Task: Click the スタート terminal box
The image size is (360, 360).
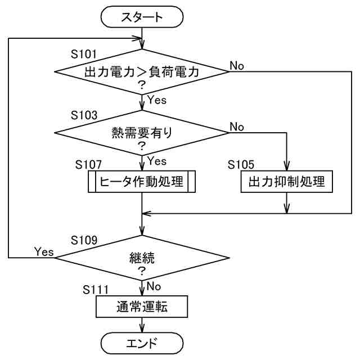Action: [142, 17]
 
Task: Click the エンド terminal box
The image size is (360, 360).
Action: [142, 343]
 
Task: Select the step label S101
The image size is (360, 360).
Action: [84, 54]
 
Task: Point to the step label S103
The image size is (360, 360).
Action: [84, 115]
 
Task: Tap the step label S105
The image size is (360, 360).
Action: [241, 164]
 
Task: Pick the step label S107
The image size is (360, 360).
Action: [88, 164]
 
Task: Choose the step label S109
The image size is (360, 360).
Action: [84, 240]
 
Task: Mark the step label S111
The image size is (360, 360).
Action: [96, 290]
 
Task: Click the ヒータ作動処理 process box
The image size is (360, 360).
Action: [142, 181]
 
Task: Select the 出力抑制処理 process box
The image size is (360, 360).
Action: [286, 181]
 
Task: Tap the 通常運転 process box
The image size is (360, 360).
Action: [142, 307]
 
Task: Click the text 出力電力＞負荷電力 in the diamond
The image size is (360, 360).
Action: [142, 72]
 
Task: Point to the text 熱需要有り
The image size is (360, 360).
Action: [142, 133]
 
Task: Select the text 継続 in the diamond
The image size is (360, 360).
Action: [142, 258]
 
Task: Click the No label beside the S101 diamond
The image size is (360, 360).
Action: [237, 66]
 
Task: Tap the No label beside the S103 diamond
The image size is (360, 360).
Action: [237, 127]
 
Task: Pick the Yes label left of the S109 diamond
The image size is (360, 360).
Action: [44, 251]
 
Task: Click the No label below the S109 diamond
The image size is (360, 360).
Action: [154, 286]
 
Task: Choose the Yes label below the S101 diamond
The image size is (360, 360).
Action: [157, 100]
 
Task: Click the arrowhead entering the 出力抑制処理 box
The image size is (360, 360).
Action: [286, 166]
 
